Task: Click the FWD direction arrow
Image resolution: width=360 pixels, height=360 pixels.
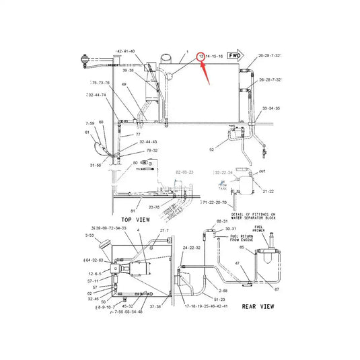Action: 234,55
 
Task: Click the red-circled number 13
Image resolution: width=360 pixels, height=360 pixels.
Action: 200,57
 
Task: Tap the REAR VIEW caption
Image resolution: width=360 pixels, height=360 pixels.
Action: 258,306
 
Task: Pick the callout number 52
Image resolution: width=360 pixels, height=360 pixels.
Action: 211,149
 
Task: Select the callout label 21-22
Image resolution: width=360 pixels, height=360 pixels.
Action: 267,192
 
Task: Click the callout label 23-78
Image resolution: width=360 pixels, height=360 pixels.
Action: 154,207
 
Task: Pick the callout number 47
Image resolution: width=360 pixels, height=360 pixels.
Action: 238,263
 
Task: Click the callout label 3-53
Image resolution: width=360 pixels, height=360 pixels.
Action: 89,236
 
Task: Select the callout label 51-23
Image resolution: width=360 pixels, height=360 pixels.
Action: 219,298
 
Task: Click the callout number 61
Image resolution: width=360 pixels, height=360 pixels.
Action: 87,132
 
